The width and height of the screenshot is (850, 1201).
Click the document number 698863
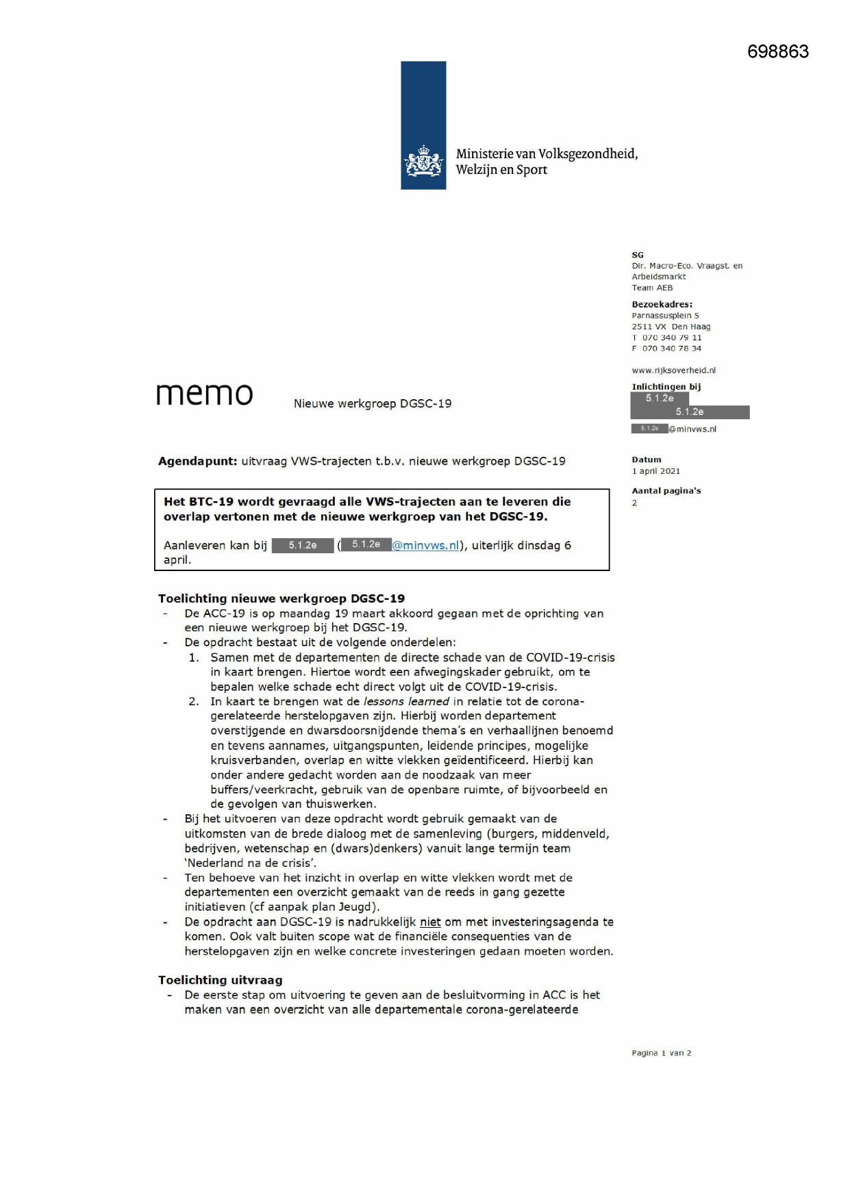[x=777, y=51]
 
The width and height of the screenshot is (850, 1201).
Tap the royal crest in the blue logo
[x=423, y=162]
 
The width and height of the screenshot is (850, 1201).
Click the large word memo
[x=205, y=394]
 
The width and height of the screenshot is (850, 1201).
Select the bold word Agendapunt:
[x=197, y=462]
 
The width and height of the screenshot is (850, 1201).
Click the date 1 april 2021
[x=655, y=471]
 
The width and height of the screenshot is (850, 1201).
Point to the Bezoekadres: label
[x=662, y=304]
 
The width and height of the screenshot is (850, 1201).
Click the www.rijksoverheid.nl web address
[x=673, y=370]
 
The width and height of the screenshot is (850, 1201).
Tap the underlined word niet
[x=430, y=922]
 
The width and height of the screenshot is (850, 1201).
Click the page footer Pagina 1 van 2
[x=661, y=1053]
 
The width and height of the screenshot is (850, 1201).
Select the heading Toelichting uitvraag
[x=220, y=980]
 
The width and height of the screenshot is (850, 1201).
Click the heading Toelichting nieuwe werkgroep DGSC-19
[x=281, y=598]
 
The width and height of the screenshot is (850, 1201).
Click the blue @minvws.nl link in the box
[x=425, y=546]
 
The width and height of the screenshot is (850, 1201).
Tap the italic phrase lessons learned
[x=406, y=701]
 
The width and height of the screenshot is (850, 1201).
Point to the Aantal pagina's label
[x=666, y=491]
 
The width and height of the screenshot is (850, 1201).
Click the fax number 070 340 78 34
[x=671, y=349]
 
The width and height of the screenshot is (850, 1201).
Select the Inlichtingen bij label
[x=666, y=387]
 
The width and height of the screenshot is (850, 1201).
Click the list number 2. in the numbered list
[x=194, y=701]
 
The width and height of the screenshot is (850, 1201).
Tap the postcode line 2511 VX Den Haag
[x=671, y=327]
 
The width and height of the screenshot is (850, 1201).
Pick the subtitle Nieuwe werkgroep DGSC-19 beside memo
[x=373, y=404]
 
